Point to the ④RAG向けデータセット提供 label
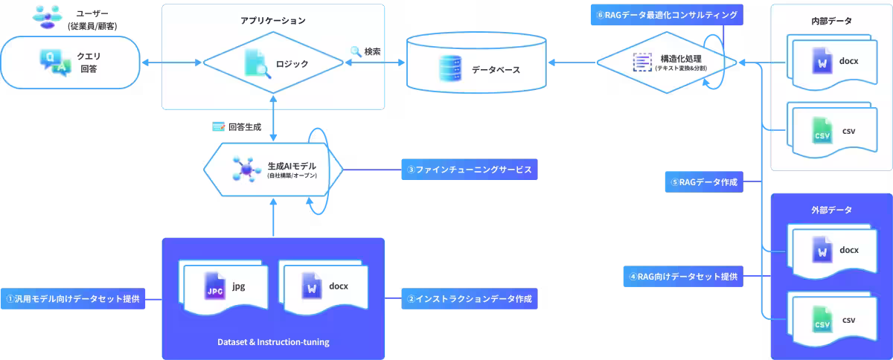(x=683, y=277)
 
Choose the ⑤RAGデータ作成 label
(x=704, y=181)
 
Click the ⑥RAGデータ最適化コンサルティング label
(x=666, y=15)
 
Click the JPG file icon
(x=215, y=286)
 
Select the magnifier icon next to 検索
(x=356, y=51)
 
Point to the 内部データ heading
(x=831, y=21)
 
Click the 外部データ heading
(x=831, y=210)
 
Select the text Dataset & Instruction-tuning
(x=273, y=342)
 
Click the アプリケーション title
(x=273, y=20)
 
